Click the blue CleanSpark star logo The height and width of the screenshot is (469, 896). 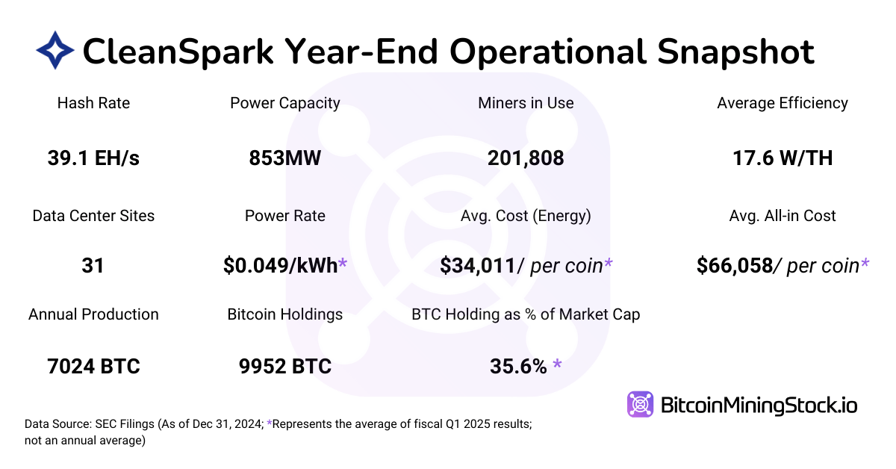click(x=55, y=51)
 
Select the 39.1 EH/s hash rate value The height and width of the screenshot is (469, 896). click(x=93, y=158)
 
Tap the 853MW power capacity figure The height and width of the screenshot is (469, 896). click(x=285, y=158)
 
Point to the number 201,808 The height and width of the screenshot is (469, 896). click(x=526, y=158)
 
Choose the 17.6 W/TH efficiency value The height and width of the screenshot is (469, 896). click(x=783, y=158)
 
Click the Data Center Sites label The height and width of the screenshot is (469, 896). click(x=93, y=216)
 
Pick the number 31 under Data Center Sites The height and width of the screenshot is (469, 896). click(x=93, y=265)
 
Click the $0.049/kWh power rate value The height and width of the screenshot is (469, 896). click(x=280, y=265)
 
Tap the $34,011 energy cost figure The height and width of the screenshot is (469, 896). click(x=478, y=265)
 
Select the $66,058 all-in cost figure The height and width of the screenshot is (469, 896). click(x=734, y=265)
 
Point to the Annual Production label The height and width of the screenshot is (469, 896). click(x=93, y=314)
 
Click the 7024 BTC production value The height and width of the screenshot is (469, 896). click(x=93, y=367)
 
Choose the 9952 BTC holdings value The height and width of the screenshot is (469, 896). click(x=285, y=367)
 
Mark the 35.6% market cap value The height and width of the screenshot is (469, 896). click(x=519, y=367)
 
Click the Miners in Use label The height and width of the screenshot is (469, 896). click(x=526, y=103)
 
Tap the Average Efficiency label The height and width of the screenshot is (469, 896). click(x=783, y=103)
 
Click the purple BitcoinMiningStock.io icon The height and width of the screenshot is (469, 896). click(x=640, y=405)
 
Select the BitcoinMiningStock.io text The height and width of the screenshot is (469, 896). click(x=759, y=406)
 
